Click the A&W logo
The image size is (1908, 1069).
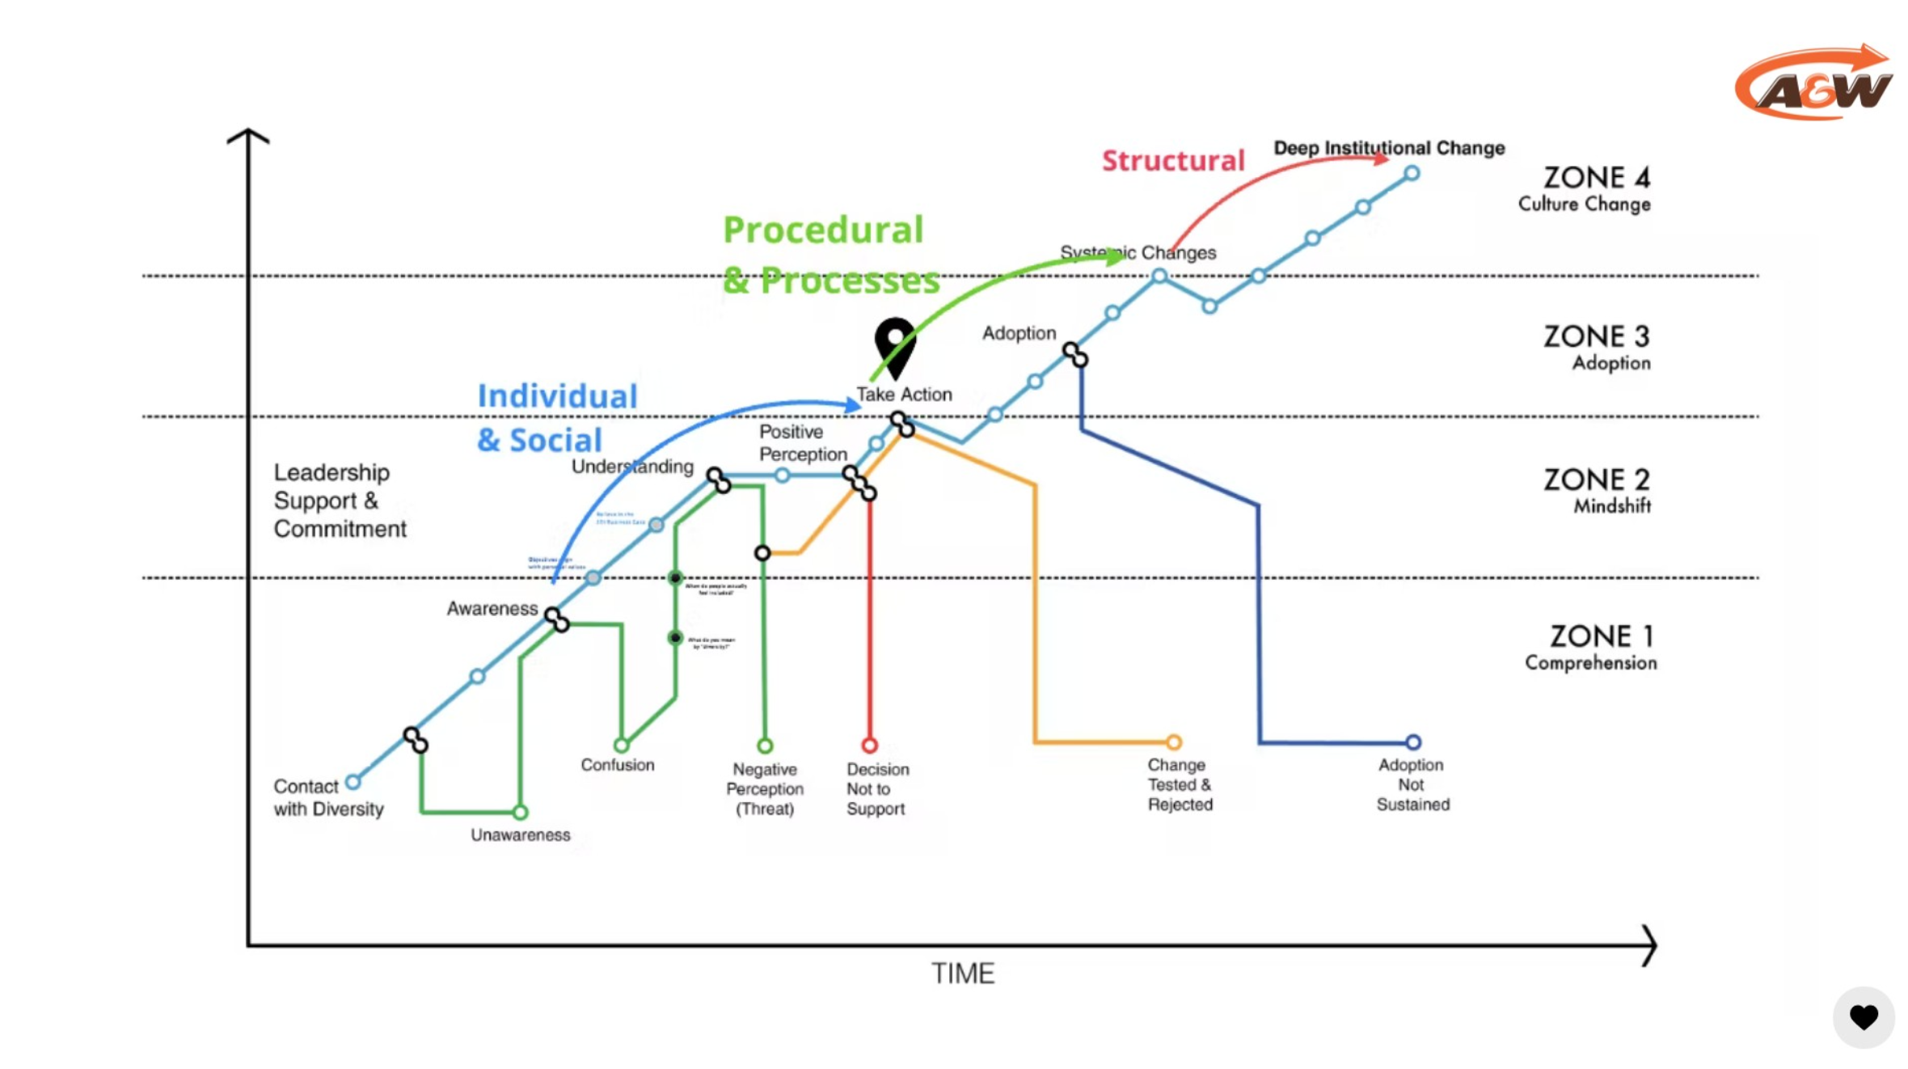1813,83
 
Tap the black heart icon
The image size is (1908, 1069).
1864,1016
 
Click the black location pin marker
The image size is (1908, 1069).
895,344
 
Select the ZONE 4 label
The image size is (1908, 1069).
1596,178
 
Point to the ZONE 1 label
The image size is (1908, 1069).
1601,636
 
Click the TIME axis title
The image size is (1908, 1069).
962,974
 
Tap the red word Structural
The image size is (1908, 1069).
1173,161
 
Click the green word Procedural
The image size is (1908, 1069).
823,230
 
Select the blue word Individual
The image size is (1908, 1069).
557,396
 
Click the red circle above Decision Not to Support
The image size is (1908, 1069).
870,745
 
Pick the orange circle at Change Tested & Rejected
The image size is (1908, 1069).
1174,742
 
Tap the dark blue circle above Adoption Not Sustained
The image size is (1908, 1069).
1412,742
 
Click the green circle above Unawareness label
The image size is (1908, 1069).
520,812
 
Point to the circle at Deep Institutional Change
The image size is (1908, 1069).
1412,173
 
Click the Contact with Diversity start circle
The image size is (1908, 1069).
353,782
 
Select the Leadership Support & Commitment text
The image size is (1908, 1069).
340,501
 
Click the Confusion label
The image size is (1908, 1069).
617,765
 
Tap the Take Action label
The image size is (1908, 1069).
904,395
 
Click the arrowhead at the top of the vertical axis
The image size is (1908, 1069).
248,136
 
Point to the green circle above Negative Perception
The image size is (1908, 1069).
765,746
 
